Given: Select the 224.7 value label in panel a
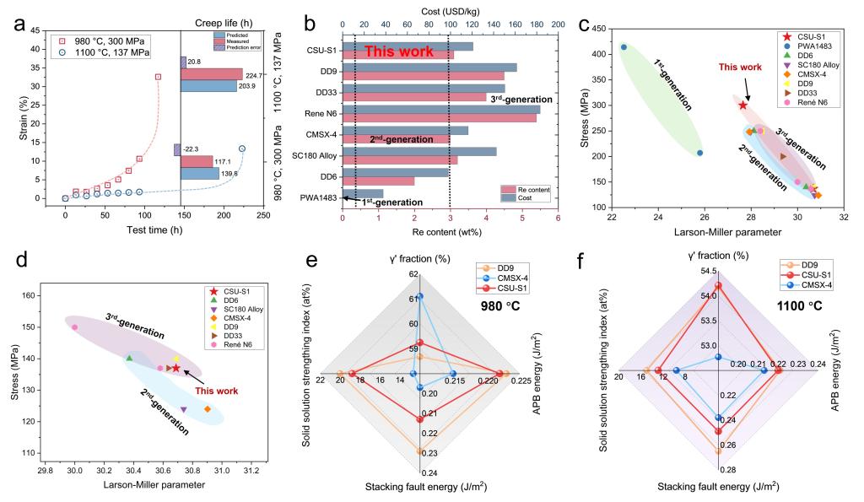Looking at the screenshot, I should coord(255,75).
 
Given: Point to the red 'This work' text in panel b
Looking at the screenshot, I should coord(399,52).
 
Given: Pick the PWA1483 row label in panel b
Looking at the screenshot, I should coord(318,198).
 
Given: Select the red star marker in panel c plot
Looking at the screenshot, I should coord(742,105).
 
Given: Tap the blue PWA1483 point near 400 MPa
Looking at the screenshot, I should coord(624,47).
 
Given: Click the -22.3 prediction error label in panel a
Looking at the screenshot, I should coord(192,148).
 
